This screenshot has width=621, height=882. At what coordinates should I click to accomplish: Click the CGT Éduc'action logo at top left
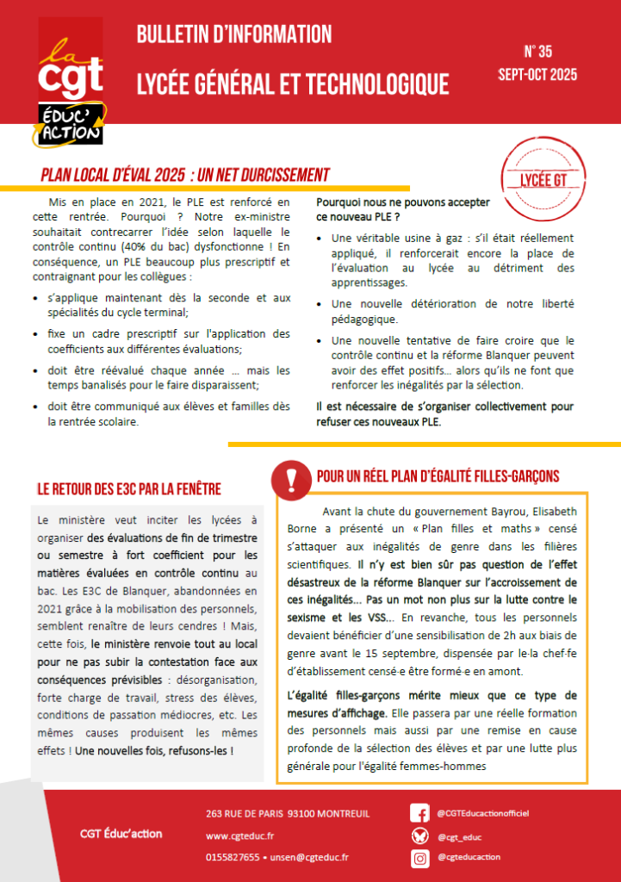(71, 81)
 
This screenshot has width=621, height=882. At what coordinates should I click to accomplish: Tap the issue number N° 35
(537, 51)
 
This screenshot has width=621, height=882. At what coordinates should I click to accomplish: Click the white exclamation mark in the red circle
(291, 476)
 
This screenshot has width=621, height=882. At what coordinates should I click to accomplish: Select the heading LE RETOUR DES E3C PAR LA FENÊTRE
(129, 489)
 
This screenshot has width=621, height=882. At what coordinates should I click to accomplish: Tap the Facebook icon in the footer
(419, 813)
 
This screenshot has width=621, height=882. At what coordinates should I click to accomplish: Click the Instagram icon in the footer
(419, 858)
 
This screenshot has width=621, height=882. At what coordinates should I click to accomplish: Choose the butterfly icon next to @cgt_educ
(419, 835)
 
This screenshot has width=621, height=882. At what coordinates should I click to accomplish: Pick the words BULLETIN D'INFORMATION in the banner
(234, 34)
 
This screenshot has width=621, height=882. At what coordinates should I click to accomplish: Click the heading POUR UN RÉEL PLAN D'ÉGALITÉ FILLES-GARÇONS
(438, 475)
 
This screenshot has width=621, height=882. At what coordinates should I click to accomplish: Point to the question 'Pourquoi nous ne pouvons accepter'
(403, 202)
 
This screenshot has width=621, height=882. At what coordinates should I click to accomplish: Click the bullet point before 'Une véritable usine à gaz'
(321, 239)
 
